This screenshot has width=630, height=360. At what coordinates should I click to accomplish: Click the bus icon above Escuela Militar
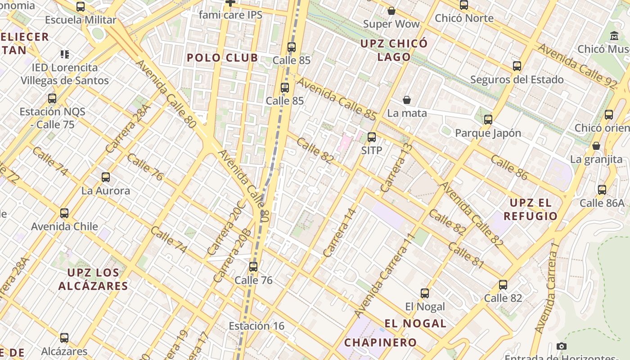pos(81,7)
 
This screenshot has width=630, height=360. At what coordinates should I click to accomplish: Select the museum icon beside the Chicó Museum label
pos(614,36)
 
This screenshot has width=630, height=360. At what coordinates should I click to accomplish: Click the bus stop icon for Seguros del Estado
pos(517,66)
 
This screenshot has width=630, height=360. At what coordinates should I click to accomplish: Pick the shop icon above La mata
pos(407,100)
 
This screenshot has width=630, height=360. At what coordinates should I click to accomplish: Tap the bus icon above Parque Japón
pos(488,120)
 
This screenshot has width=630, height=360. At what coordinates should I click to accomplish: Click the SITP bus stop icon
pos(372,137)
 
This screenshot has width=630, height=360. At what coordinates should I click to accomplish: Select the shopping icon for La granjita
pos(596,146)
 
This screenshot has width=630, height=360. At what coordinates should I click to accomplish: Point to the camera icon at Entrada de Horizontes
pos(561,346)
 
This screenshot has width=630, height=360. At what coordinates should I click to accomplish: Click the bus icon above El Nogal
pos(425,293)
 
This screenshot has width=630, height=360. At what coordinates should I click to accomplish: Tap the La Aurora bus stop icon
pos(106,177)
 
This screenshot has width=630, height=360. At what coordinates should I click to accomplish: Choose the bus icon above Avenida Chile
pos(64,213)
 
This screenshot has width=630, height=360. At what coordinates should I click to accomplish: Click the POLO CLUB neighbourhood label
pos(222,58)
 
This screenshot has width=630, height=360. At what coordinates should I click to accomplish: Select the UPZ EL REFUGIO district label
pos(531,209)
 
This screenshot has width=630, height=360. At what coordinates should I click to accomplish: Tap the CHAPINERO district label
pos(381,342)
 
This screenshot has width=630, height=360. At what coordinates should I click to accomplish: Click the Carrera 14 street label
pos(340,233)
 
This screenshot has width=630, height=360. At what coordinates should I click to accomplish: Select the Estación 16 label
pos(256,326)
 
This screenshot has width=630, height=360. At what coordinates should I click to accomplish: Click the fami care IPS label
pos(230,15)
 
